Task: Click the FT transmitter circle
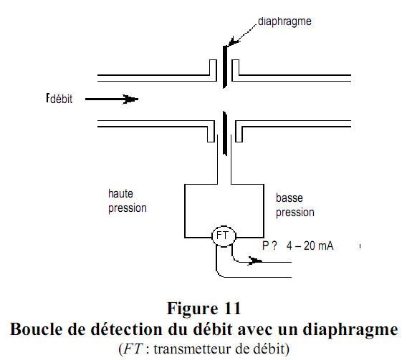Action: click(x=223, y=235)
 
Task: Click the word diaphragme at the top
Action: click(x=285, y=21)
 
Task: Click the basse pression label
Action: click(x=295, y=205)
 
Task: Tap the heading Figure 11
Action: click(x=203, y=309)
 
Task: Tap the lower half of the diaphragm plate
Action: click(x=226, y=132)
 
